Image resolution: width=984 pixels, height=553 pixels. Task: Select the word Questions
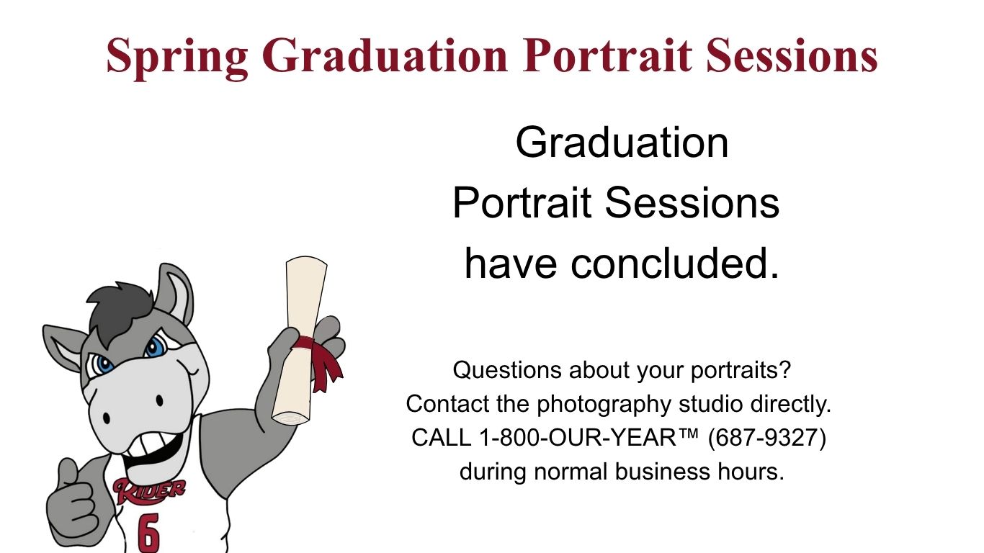pyautogui.click(x=506, y=370)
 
